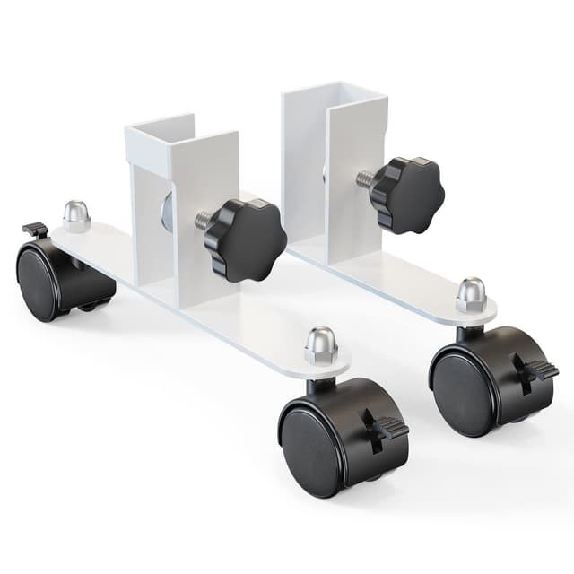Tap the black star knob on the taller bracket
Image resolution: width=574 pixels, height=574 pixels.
(x=406, y=193)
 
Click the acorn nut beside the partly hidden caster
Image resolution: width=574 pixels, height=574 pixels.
(x=75, y=216)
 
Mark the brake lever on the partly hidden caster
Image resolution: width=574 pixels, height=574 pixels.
(x=35, y=230)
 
